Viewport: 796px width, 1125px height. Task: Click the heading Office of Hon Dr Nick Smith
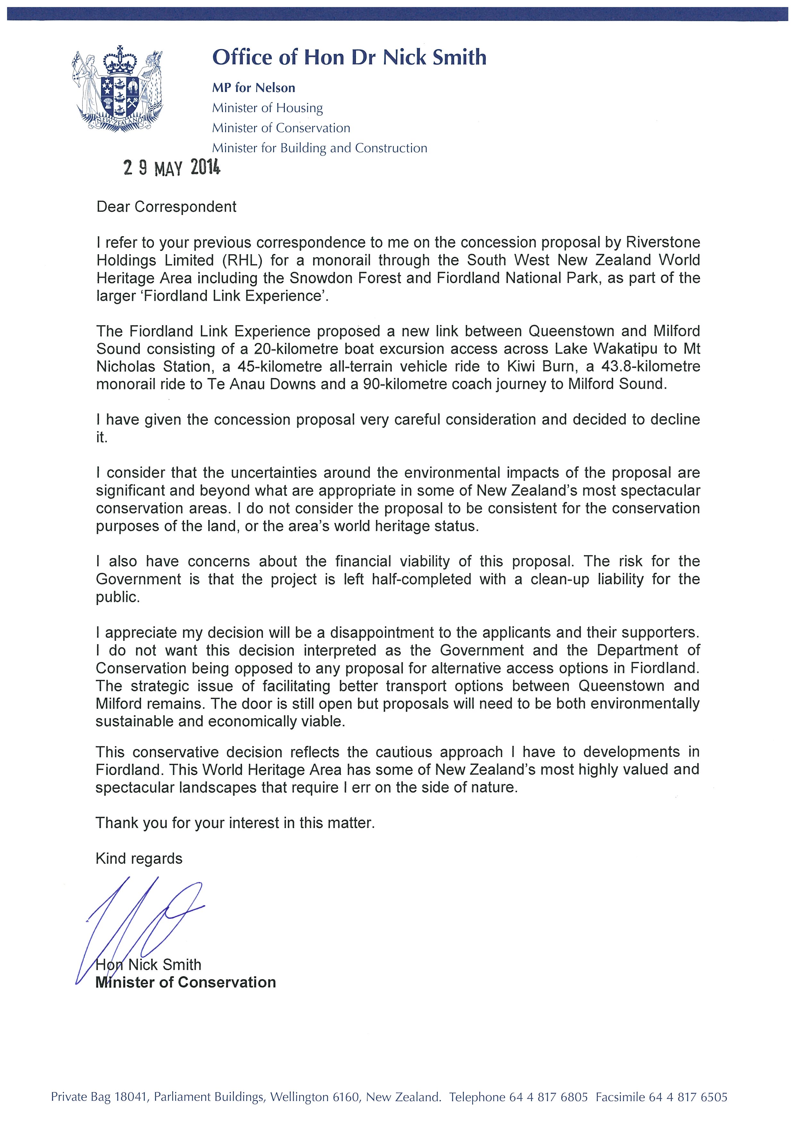tap(349, 57)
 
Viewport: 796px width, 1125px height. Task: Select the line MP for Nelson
tap(253, 88)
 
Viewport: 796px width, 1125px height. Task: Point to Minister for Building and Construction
tap(319, 148)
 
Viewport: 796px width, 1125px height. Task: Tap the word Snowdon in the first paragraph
tap(317, 278)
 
